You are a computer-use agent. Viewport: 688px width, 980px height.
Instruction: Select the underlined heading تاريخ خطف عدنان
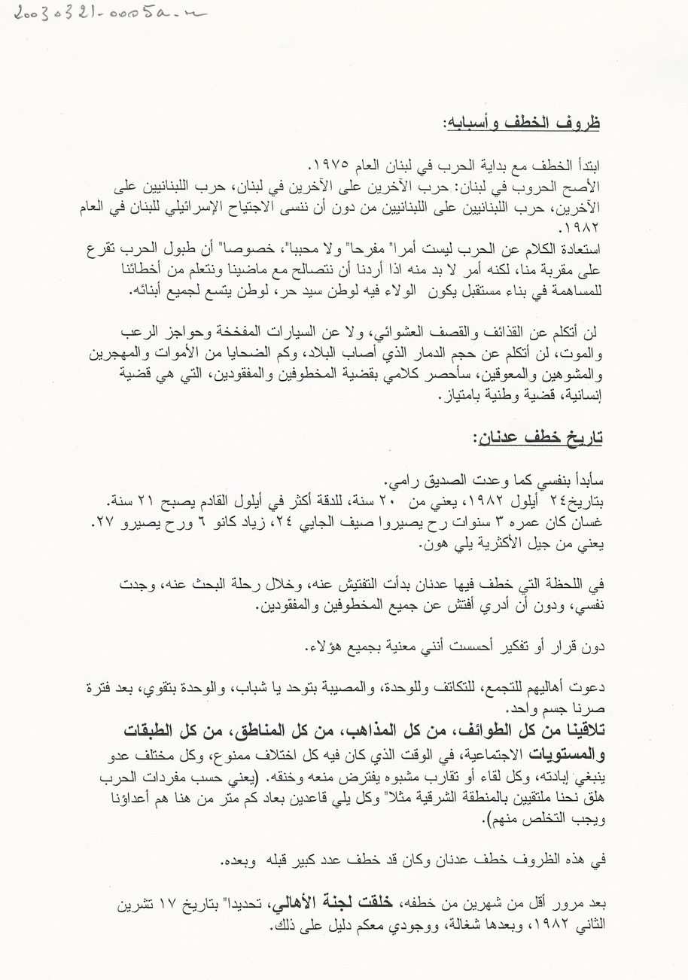[537, 437]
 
